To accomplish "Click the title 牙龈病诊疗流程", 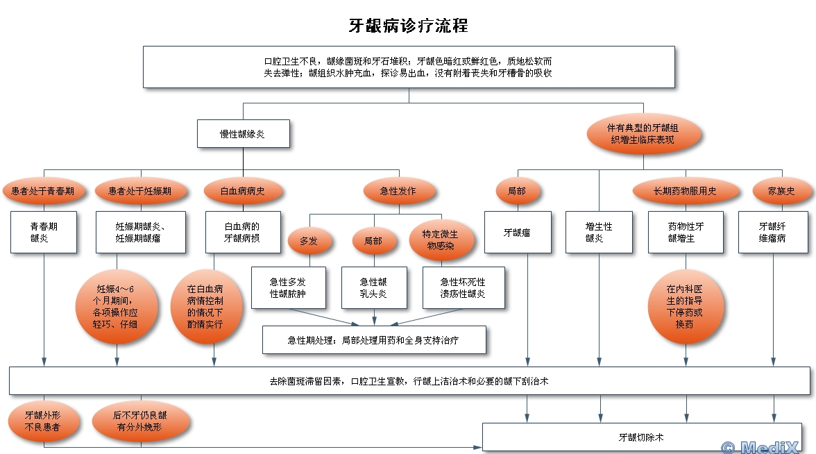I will pos(408,26).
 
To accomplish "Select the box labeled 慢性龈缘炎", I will pos(242,133).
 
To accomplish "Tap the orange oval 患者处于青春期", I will pos(43,191).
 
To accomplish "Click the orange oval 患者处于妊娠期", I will pos(140,191).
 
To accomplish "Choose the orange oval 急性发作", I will pos(398,191).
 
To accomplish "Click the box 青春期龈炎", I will pos(44,232).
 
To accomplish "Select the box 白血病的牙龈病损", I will pos(243,232).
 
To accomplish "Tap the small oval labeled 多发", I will pos(308,241).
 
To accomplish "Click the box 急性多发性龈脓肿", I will pos(288,287).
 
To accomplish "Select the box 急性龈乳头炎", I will pos(374,287).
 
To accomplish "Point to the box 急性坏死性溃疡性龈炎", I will pos(464,287).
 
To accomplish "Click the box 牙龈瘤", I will pos(517,233).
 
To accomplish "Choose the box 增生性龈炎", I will pos(599,233).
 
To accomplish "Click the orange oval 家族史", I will pos(781,191).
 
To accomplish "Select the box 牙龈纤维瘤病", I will pos(772,233).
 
